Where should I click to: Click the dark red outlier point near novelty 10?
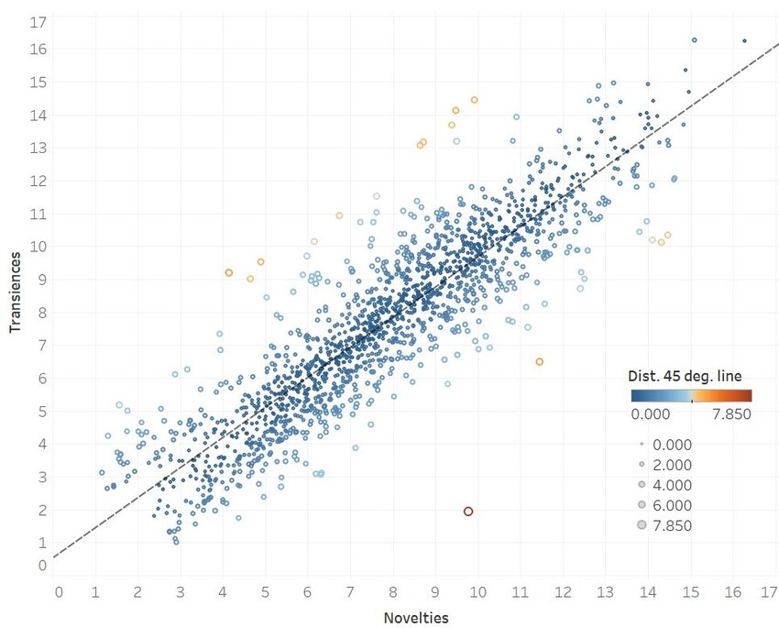pos(468,512)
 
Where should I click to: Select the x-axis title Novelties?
pos(416,618)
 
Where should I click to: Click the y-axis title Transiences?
pos(16,289)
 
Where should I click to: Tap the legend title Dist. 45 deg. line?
pos(685,376)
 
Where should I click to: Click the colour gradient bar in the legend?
pos(691,396)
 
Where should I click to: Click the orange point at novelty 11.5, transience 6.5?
pos(540,362)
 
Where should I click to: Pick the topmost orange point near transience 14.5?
pos(474,100)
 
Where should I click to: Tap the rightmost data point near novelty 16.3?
pos(744,40)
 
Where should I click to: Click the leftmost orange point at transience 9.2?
pos(229,273)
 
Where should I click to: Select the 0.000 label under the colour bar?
pos(652,414)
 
